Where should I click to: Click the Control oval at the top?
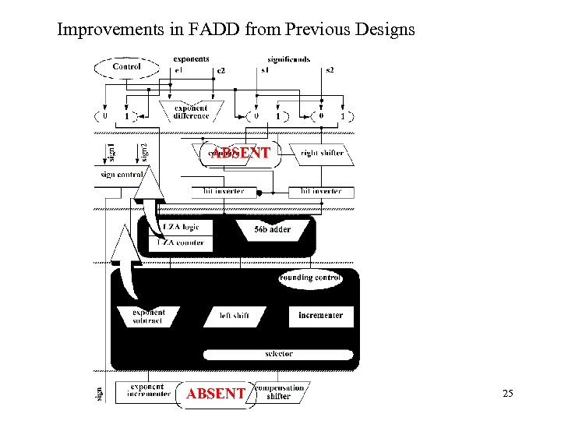pyautogui.click(x=126, y=67)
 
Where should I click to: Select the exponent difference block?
pyautogui.click(x=191, y=111)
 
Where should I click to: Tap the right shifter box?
pyautogui.click(x=322, y=154)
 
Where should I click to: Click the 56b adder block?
pyautogui.click(x=273, y=229)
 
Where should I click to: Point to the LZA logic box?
pyautogui.click(x=180, y=227)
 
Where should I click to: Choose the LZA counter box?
pyautogui.click(x=180, y=242)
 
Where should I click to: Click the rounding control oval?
pyautogui.click(x=311, y=278)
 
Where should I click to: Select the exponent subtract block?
pyautogui.click(x=149, y=317)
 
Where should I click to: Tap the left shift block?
pyautogui.click(x=235, y=316)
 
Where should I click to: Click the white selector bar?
pyautogui.click(x=278, y=354)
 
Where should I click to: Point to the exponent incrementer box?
pyautogui.click(x=148, y=391)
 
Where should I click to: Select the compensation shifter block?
pyautogui.click(x=279, y=391)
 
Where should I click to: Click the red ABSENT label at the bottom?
pyautogui.click(x=216, y=394)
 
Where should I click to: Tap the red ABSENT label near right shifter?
pyautogui.click(x=242, y=154)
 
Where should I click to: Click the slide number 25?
pyautogui.click(x=507, y=394)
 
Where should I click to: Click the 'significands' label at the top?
pyautogui.click(x=288, y=59)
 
